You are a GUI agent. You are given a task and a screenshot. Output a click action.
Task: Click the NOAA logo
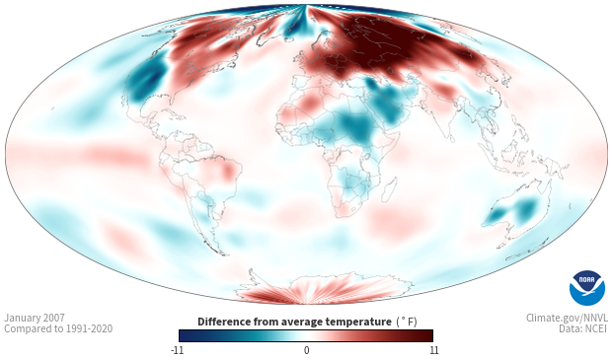pyautogui.click(x=587, y=288)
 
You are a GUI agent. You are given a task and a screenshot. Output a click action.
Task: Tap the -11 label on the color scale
pyautogui.click(x=178, y=350)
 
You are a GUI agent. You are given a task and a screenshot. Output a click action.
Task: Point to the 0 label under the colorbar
pyautogui.click(x=306, y=350)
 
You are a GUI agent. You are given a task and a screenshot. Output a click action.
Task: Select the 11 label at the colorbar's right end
pyautogui.click(x=433, y=350)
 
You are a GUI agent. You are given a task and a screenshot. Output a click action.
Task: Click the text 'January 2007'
pyautogui.click(x=35, y=318)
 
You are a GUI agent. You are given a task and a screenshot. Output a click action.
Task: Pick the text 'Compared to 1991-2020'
pyautogui.click(x=58, y=328)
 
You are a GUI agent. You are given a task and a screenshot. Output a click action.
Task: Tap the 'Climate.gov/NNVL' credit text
pyautogui.click(x=567, y=318)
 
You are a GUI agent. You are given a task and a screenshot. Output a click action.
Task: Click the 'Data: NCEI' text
pyautogui.click(x=583, y=328)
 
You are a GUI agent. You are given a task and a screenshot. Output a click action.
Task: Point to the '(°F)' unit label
pyautogui.click(x=407, y=322)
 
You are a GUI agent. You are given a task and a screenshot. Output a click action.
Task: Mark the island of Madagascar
pyautogui.click(x=389, y=189)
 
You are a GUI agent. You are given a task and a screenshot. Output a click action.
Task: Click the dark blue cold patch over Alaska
pyautogui.click(x=145, y=80)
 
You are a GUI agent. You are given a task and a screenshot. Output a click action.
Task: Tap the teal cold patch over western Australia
pyautogui.click(x=497, y=214)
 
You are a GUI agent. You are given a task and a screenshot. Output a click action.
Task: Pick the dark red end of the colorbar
pyautogui.click(x=428, y=335)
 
